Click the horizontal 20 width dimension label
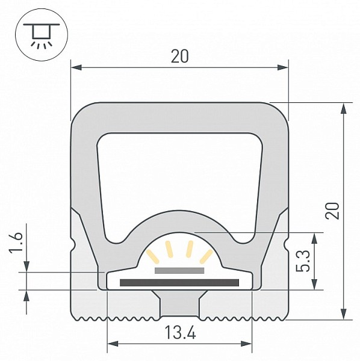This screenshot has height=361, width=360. [179, 57]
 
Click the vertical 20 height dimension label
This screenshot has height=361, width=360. [332, 211]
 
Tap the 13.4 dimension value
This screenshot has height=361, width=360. [181, 333]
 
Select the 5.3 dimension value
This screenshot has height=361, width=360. [303, 261]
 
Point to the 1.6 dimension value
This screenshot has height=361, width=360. [16, 242]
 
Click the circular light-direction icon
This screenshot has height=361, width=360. [42, 34]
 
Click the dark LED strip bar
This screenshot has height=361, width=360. [179, 283]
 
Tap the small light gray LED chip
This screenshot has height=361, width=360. [179, 271]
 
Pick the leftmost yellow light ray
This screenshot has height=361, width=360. [153, 256]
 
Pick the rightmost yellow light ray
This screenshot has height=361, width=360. [206, 256]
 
